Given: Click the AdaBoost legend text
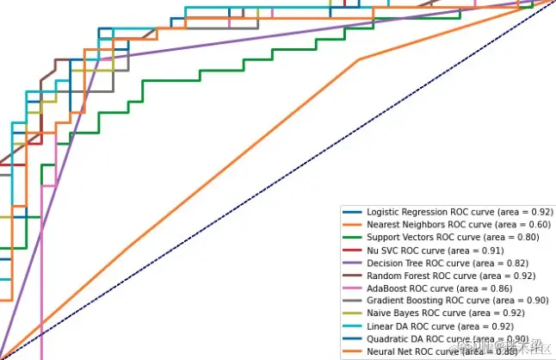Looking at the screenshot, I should click(439, 288).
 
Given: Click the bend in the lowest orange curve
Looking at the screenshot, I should click(359, 59).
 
